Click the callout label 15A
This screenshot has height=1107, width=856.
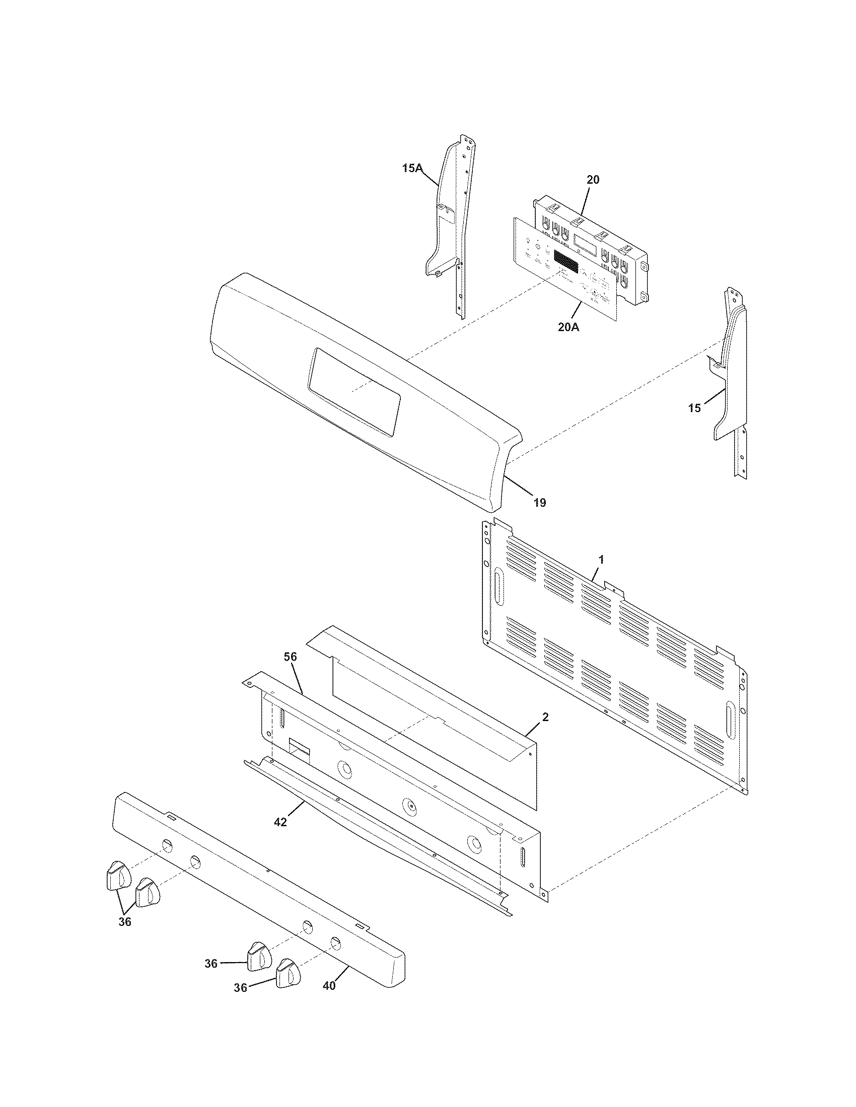[412, 168]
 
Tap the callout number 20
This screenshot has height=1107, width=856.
[593, 180]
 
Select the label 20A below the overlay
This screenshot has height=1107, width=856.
[568, 328]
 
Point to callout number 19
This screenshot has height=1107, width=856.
[540, 502]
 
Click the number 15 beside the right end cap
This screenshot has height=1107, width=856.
[694, 408]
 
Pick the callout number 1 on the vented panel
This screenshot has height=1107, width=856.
[601, 560]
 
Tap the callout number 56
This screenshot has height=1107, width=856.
[291, 656]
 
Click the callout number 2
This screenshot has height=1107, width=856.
[545, 717]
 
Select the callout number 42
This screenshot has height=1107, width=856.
[280, 822]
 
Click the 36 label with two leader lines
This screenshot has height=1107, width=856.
[125, 922]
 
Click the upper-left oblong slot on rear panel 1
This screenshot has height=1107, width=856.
[498, 586]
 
